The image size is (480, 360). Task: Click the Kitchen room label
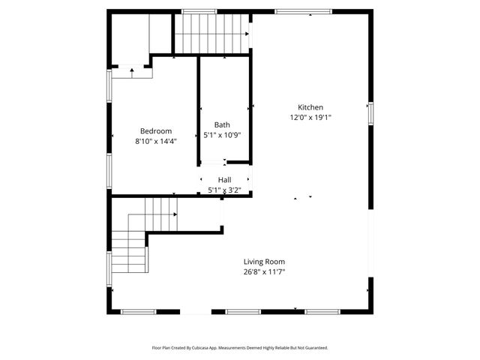click(310, 107)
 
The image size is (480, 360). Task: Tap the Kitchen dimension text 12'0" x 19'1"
click(310, 117)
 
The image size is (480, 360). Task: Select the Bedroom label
click(156, 130)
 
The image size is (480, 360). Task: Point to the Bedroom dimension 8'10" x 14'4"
click(156, 140)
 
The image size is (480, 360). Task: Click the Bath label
click(222, 125)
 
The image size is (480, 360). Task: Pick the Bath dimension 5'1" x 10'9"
click(222, 135)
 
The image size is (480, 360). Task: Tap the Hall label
click(224, 180)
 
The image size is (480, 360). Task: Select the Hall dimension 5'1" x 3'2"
click(224, 190)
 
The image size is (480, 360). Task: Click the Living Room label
click(264, 262)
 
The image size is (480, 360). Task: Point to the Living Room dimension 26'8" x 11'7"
click(264, 271)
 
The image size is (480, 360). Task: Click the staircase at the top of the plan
click(211, 34)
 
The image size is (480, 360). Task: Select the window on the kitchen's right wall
click(370, 112)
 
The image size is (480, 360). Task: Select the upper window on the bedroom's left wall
click(109, 85)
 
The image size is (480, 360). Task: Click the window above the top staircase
click(199, 11)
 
